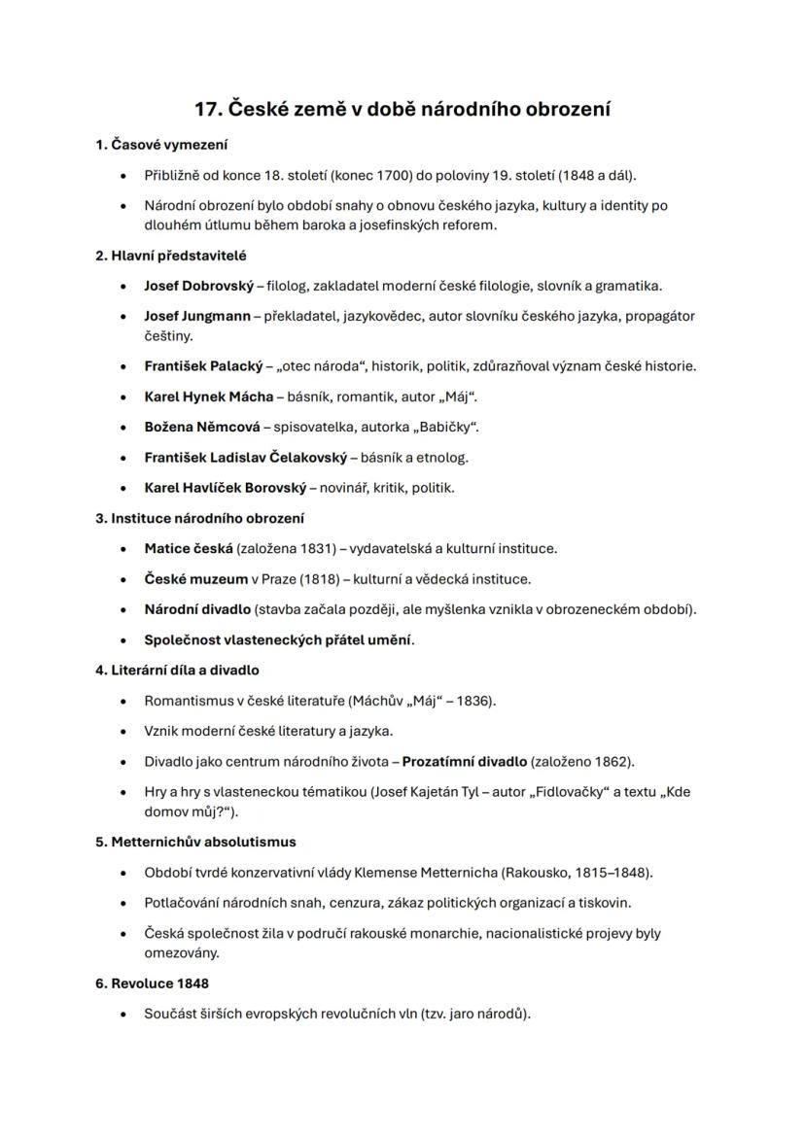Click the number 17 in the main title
point(207,109)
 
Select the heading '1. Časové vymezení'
point(161,145)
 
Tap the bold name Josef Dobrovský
point(197,286)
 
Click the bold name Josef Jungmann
point(197,316)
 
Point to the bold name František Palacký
point(203,366)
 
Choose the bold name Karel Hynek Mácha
point(208,397)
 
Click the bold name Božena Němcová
point(202,427)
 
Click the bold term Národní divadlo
point(196,609)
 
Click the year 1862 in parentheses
point(612,761)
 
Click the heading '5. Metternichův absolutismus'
point(195,842)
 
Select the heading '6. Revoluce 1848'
point(152,983)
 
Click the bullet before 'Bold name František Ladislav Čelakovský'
point(122,458)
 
